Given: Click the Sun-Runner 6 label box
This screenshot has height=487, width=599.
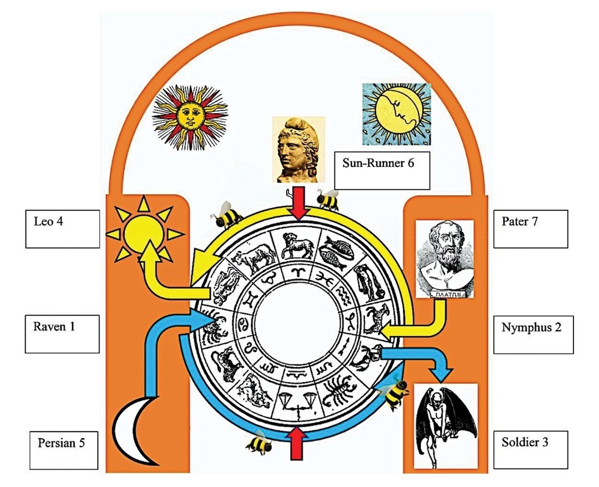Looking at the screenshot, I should (x=382, y=170).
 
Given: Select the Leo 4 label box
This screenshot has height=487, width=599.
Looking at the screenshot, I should (x=63, y=229).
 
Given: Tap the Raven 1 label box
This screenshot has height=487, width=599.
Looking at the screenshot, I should (x=63, y=334).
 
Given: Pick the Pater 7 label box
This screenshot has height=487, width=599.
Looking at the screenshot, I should (x=530, y=229).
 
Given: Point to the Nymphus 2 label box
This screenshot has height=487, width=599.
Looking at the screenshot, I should (x=532, y=334).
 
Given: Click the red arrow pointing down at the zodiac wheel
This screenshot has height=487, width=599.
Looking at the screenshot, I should (x=300, y=202).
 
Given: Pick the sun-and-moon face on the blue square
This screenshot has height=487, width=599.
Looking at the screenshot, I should (x=396, y=114).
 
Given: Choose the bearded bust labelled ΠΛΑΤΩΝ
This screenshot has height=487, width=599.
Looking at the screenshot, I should (x=445, y=259).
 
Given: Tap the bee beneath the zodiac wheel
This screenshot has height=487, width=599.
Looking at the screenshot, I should (x=258, y=442).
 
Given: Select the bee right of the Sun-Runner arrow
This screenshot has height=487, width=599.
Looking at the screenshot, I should (x=328, y=198).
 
